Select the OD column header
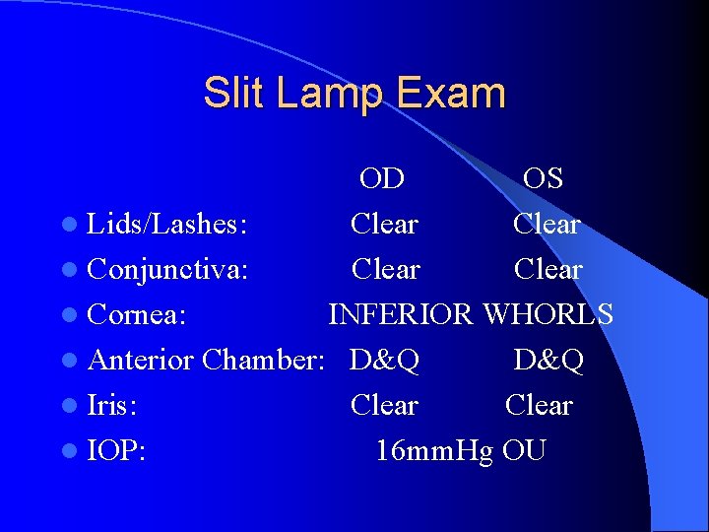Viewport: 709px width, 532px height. point(381,178)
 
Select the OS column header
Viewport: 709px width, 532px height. point(543,178)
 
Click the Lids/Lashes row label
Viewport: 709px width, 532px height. point(166,225)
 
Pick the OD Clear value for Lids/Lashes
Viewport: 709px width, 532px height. point(384,225)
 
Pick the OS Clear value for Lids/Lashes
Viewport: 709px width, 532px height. point(547,225)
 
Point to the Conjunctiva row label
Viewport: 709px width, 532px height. point(167,269)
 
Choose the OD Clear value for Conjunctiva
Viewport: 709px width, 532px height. point(385,269)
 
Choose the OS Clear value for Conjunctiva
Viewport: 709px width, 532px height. point(548,269)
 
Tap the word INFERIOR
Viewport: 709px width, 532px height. point(400,314)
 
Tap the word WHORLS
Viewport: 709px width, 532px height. point(548,314)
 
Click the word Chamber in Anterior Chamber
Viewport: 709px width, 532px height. point(263,360)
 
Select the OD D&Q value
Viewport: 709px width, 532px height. point(384,360)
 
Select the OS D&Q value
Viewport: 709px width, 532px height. point(548,360)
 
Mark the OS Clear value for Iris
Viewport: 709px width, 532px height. point(539,405)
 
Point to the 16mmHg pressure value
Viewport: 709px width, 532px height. point(434,450)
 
